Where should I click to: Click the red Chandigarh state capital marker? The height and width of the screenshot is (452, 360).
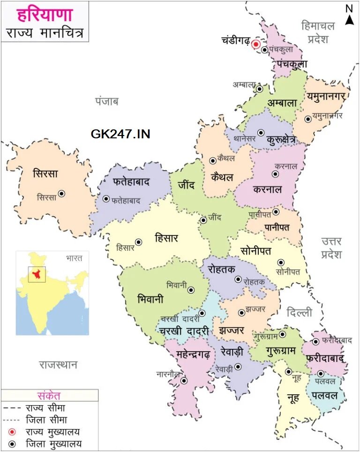[256, 45]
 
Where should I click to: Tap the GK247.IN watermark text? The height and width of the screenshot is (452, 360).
[120, 134]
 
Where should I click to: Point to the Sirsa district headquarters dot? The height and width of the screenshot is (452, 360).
[61, 193]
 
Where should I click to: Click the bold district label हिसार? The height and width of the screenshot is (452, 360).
[166, 238]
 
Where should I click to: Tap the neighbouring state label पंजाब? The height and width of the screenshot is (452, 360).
[107, 101]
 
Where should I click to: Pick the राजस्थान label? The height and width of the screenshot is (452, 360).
[58, 364]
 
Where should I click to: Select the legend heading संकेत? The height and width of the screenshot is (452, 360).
[49, 396]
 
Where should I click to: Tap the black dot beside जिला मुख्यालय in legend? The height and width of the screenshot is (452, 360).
[12, 444]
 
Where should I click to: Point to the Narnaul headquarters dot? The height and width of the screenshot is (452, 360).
[184, 381]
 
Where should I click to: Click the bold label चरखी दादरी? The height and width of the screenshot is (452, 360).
[183, 331]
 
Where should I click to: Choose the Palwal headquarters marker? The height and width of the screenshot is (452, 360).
[321, 374]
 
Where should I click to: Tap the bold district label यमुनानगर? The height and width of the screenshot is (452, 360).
[327, 96]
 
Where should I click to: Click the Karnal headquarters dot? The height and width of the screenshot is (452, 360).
[275, 174]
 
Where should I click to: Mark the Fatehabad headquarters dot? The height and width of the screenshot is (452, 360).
[106, 199]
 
